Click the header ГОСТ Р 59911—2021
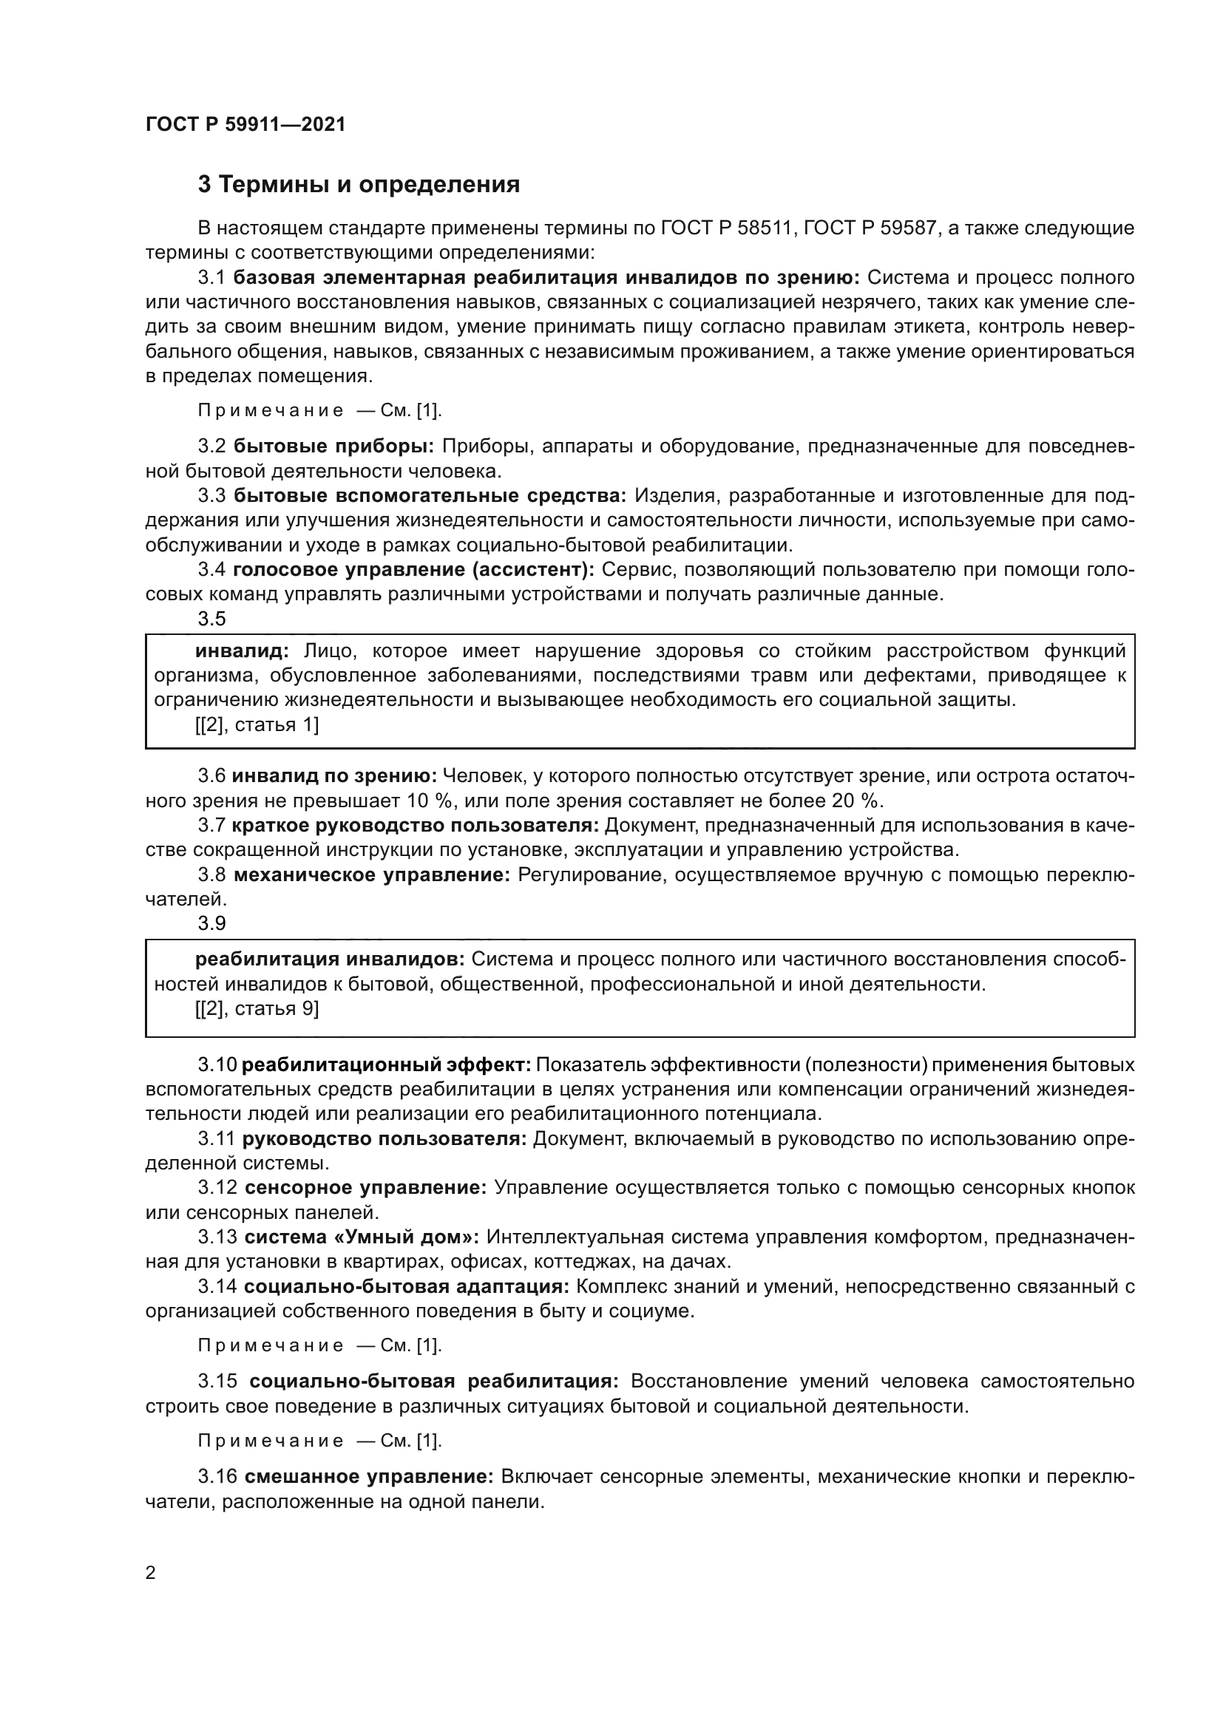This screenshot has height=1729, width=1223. point(245,124)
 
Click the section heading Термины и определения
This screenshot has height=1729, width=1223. point(359,185)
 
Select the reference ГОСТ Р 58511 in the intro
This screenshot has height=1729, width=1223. point(727,228)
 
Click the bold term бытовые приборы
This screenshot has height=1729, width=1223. point(333,446)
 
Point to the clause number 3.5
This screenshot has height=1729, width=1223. point(211,619)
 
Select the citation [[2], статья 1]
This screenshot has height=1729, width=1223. point(257,725)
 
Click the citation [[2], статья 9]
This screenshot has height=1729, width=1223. point(257,1009)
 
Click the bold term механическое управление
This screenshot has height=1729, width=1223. point(372,875)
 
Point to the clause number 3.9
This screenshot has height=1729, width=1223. point(211,923)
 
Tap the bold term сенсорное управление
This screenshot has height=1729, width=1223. point(366,1188)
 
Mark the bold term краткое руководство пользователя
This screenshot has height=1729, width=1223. point(415,826)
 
